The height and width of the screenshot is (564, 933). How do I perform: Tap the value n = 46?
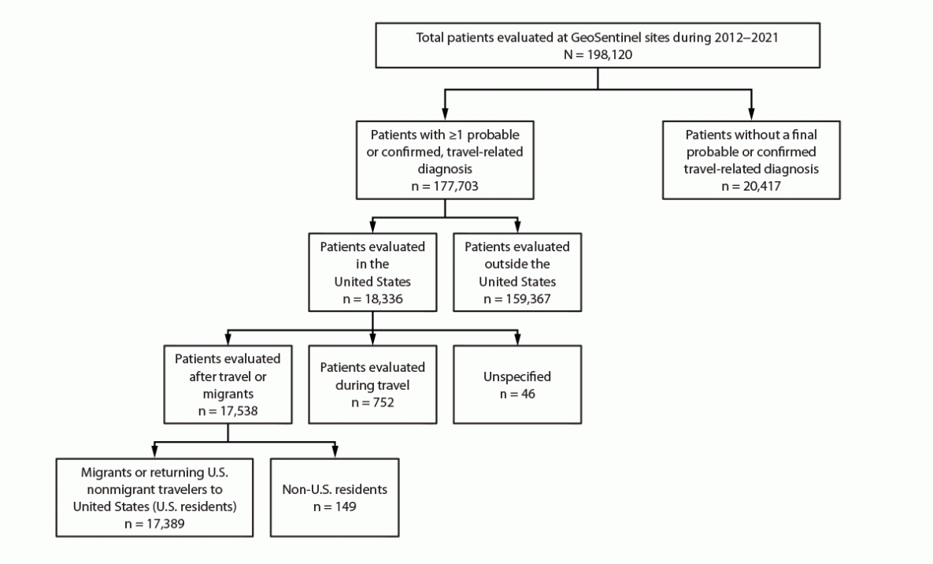click(x=516, y=393)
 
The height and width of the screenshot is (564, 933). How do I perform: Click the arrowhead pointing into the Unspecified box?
click(x=516, y=340)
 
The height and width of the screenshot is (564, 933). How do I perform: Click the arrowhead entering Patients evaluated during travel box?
click(x=372, y=340)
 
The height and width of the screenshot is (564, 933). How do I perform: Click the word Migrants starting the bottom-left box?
click(x=106, y=475)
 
